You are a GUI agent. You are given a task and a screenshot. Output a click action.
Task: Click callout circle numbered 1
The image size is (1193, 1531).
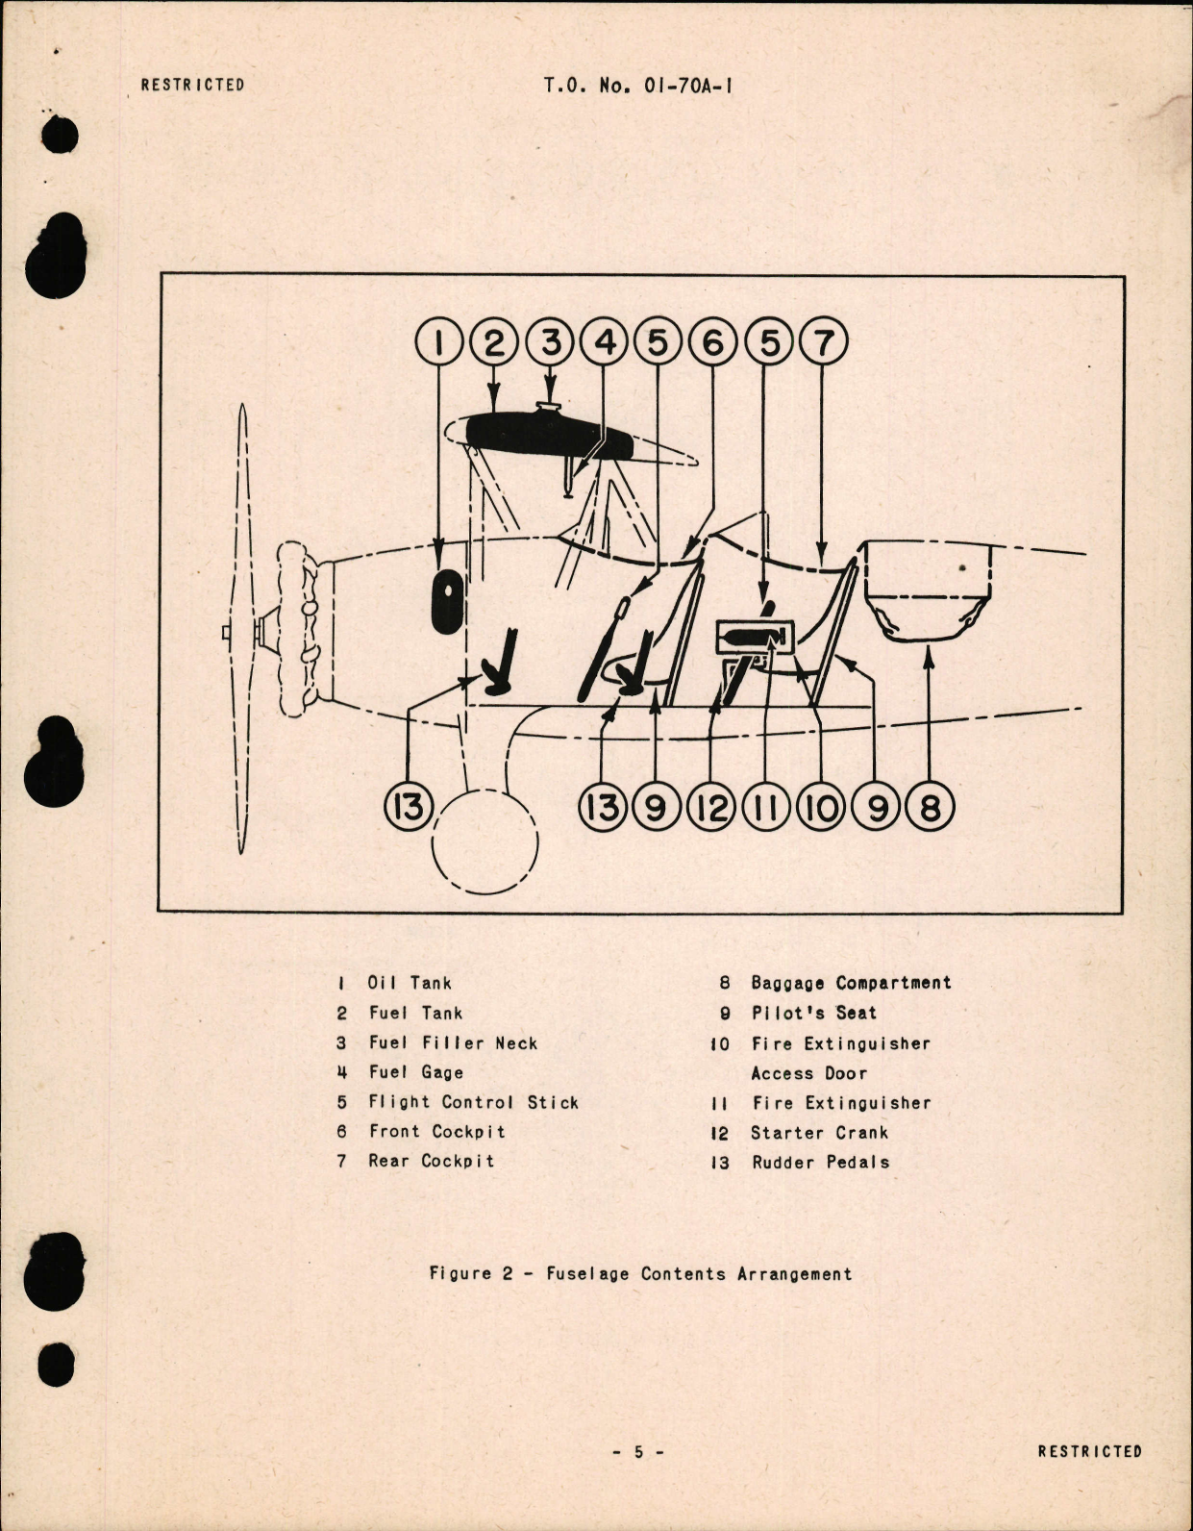click(x=439, y=342)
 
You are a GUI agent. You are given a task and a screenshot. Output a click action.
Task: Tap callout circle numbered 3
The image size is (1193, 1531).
click(x=550, y=342)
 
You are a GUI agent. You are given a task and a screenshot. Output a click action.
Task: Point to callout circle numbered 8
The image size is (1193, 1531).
click(x=930, y=808)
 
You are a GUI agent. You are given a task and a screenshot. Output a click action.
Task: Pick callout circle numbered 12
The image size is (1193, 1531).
click(x=711, y=808)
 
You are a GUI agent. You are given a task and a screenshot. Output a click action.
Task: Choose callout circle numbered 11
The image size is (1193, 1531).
click(x=766, y=808)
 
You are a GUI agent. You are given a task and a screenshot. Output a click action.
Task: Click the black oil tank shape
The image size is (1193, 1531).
click(x=446, y=602)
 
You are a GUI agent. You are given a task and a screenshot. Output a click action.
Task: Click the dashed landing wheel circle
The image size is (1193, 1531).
click(x=485, y=842)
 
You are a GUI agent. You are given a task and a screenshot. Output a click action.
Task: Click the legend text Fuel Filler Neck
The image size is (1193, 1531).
click(x=453, y=1043)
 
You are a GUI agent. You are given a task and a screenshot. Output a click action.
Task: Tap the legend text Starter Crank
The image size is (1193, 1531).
click(x=819, y=1133)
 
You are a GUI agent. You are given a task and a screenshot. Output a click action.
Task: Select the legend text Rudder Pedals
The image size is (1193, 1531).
click(x=820, y=1163)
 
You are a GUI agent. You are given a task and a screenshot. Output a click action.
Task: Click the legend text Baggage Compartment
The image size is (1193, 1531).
click(x=851, y=983)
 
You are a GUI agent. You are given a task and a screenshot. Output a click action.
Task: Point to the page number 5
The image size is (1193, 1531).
click(x=637, y=1452)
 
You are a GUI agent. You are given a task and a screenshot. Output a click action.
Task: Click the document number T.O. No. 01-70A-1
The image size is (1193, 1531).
click(x=638, y=85)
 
